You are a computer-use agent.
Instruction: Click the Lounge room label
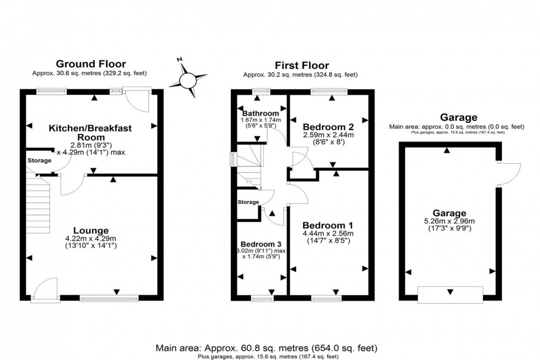click(x=92, y=230)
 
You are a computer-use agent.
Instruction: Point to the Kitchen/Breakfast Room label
click(x=90, y=133)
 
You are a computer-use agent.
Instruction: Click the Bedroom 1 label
click(x=328, y=225)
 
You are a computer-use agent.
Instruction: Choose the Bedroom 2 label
click(x=328, y=125)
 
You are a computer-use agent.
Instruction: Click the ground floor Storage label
click(x=39, y=160)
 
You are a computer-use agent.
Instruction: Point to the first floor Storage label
click(x=248, y=202)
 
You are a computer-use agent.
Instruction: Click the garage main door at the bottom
click(x=450, y=294)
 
